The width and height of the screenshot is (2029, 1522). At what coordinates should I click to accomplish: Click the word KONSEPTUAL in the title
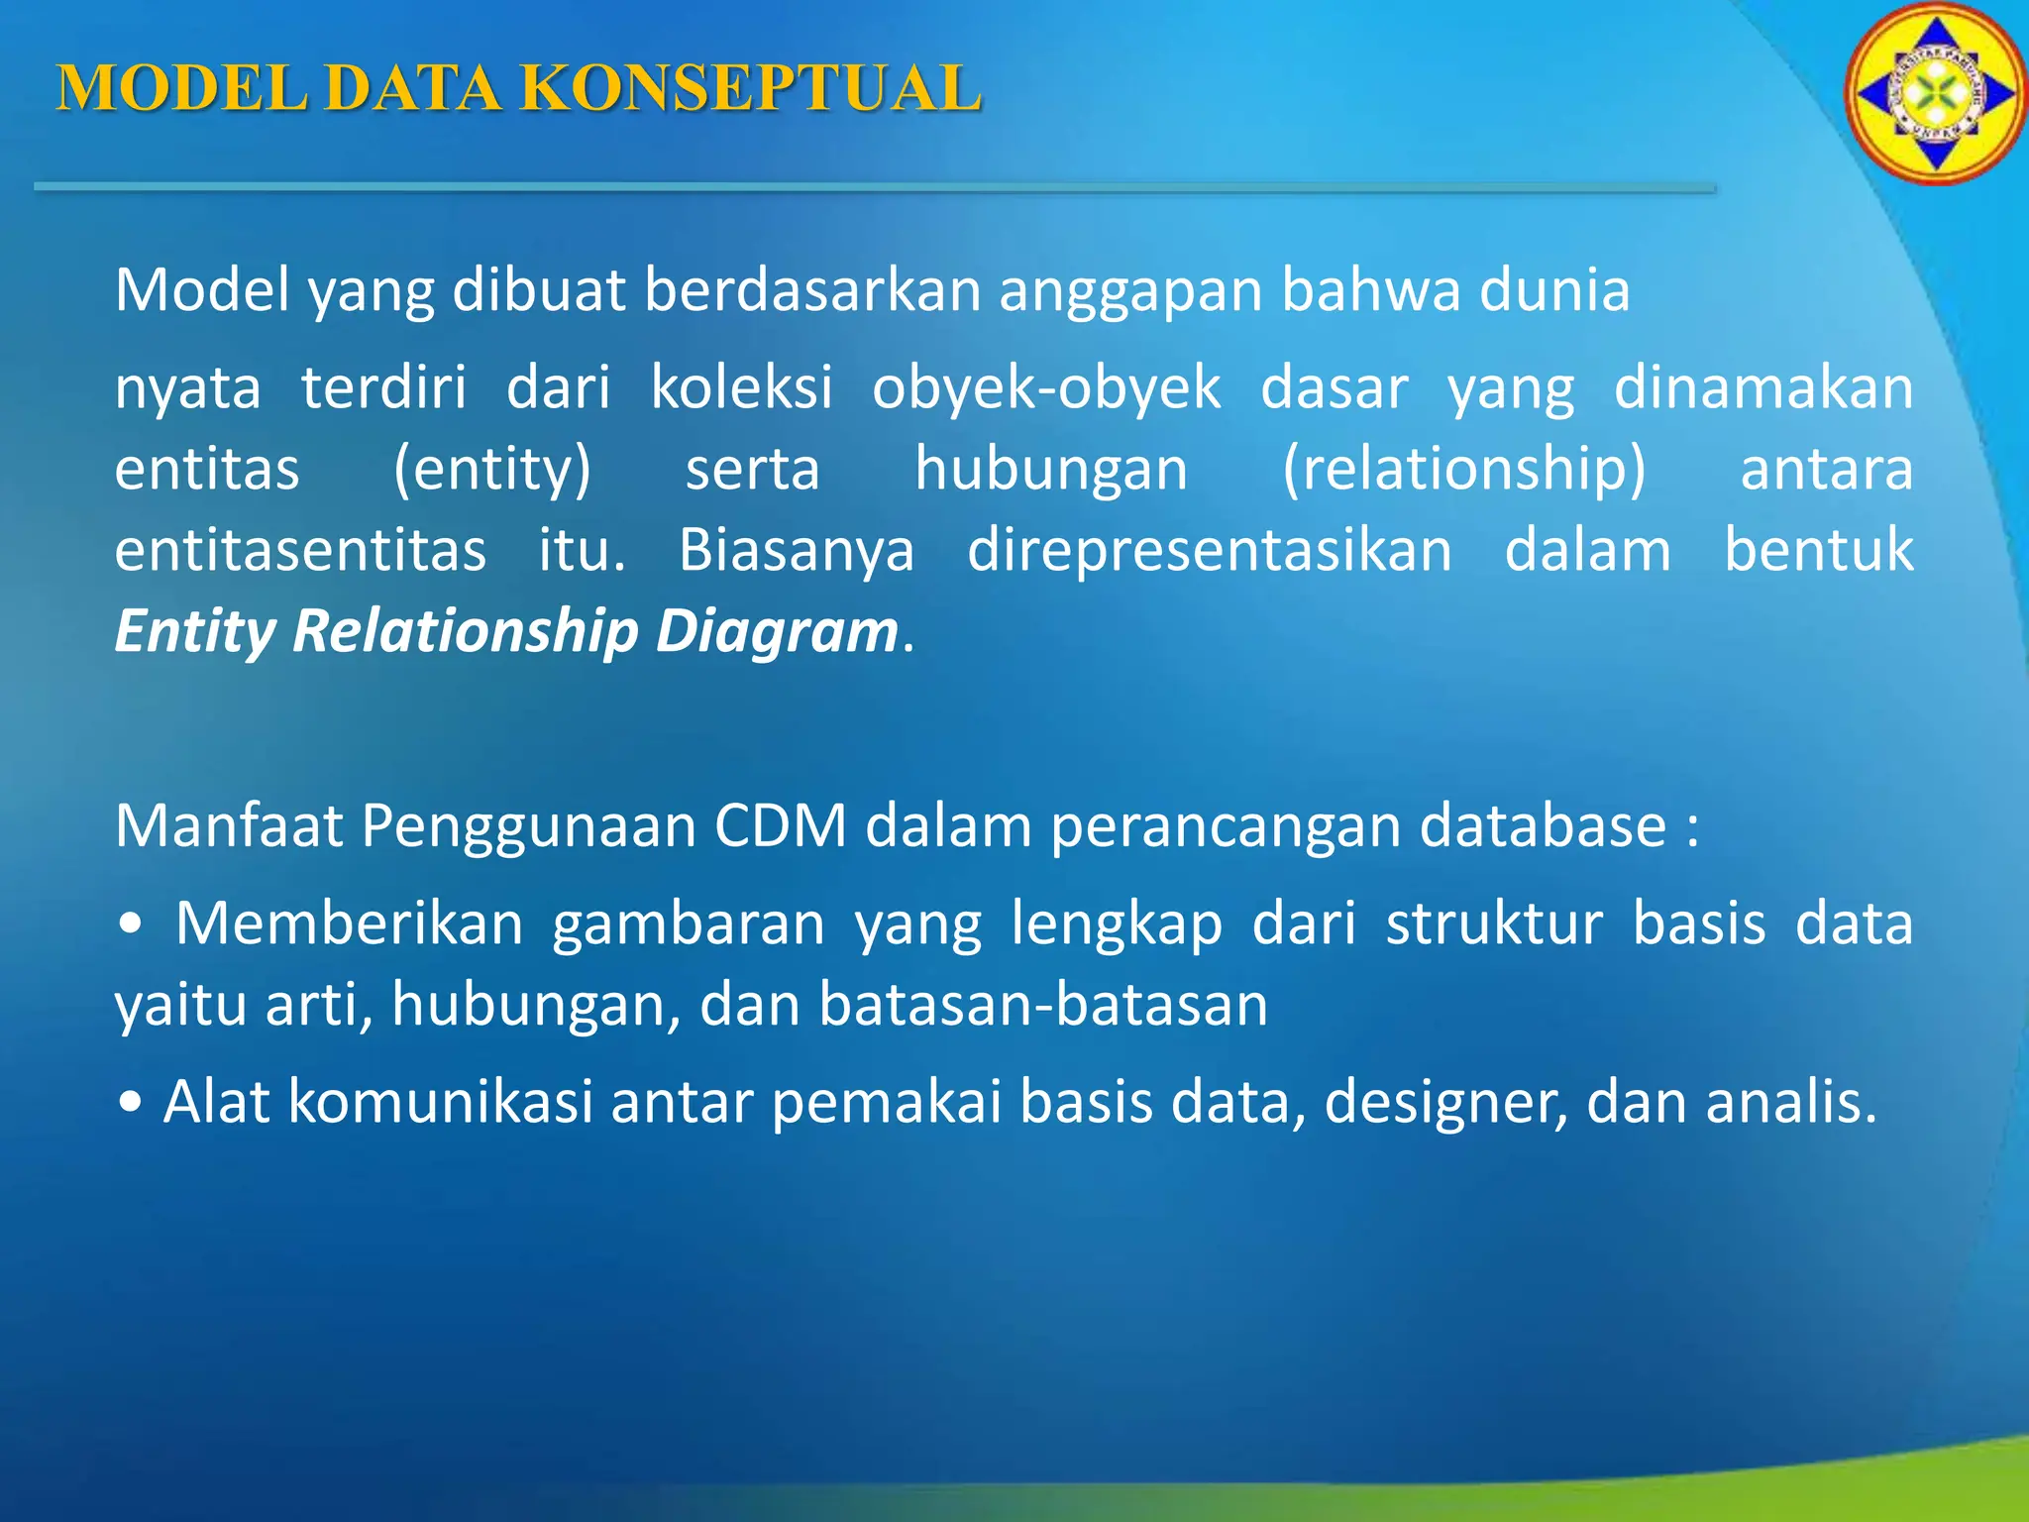(750, 89)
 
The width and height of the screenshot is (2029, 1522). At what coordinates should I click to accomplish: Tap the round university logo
(1934, 95)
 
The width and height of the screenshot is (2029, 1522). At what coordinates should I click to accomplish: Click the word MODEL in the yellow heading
(182, 89)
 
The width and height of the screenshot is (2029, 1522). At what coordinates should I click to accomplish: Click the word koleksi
(741, 387)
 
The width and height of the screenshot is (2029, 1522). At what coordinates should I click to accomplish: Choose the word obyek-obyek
(1046, 387)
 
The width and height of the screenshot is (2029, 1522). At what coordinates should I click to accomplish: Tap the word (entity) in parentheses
(491, 469)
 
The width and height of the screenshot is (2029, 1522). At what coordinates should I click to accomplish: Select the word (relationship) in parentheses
(1463, 469)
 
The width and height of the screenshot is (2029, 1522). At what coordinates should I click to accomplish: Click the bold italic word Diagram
(777, 631)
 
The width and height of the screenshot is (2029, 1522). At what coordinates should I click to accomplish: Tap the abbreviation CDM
(781, 825)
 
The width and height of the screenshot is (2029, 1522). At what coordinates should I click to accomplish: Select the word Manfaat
(229, 825)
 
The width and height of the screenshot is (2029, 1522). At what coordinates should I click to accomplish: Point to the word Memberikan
(349, 924)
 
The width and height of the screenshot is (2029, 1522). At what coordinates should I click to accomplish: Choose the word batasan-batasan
(1043, 1005)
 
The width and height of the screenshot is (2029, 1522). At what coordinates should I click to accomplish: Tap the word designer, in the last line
(1446, 1103)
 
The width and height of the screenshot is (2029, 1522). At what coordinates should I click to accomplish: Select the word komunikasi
(440, 1102)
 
